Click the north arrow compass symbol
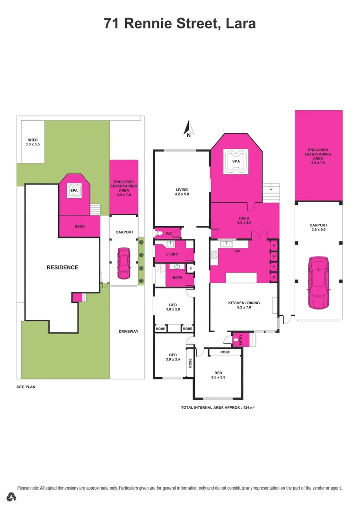[188, 128]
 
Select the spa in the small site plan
[73, 191]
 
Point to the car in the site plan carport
[124, 264]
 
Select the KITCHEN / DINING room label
[244, 305]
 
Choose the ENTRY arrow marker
[236, 339]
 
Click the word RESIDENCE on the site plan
[62, 267]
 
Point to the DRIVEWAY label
[128, 331]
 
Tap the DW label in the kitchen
[237, 251]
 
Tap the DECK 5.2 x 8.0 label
[244, 220]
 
